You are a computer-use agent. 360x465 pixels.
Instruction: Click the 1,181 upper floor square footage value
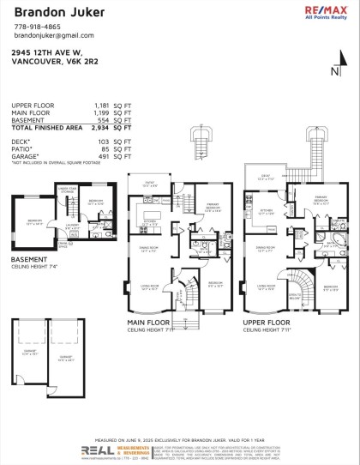pyautogui.click(x=103, y=105)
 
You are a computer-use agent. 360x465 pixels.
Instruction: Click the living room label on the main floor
pyautogui.click(x=149, y=289)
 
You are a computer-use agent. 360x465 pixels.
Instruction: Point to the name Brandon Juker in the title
pyautogui.click(x=48, y=12)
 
